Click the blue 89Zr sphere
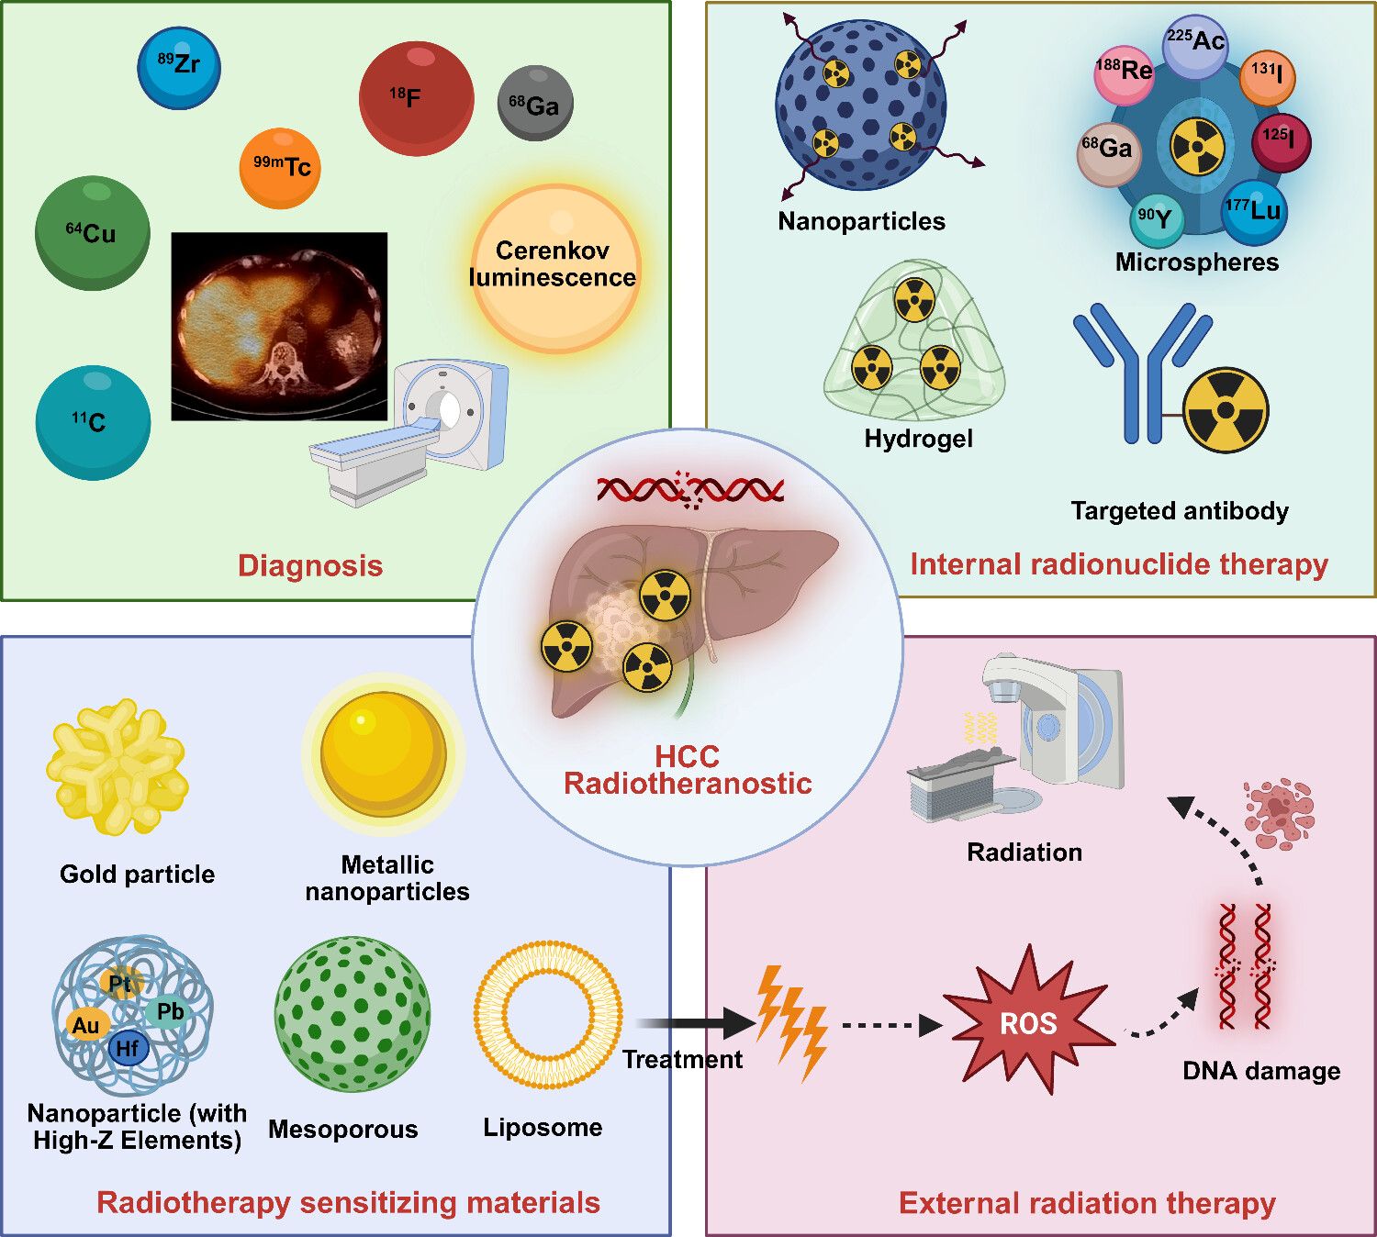[179, 67]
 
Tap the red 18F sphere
[416, 97]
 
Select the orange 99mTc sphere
[280, 168]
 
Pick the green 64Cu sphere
[92, 233]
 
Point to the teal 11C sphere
[93, 422]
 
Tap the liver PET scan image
[279, 326]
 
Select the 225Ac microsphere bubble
[1194, 44]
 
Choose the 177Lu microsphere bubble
[1253, 211]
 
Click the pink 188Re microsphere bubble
[1124, 72]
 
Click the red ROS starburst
[1029, 1021]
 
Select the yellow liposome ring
[548, 1016]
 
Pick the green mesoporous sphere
[352, 1015]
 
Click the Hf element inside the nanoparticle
[128, 1048]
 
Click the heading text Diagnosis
[310, 565]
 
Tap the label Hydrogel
[918, 439]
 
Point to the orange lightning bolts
[791, 1020]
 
